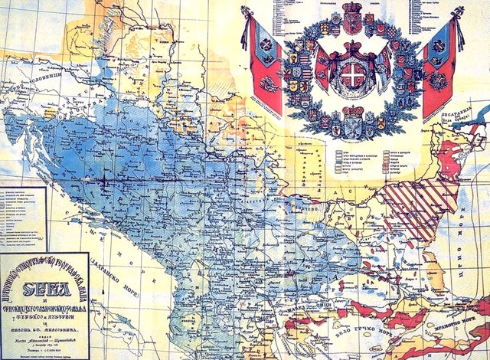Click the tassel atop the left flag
[x=246, y=11]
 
